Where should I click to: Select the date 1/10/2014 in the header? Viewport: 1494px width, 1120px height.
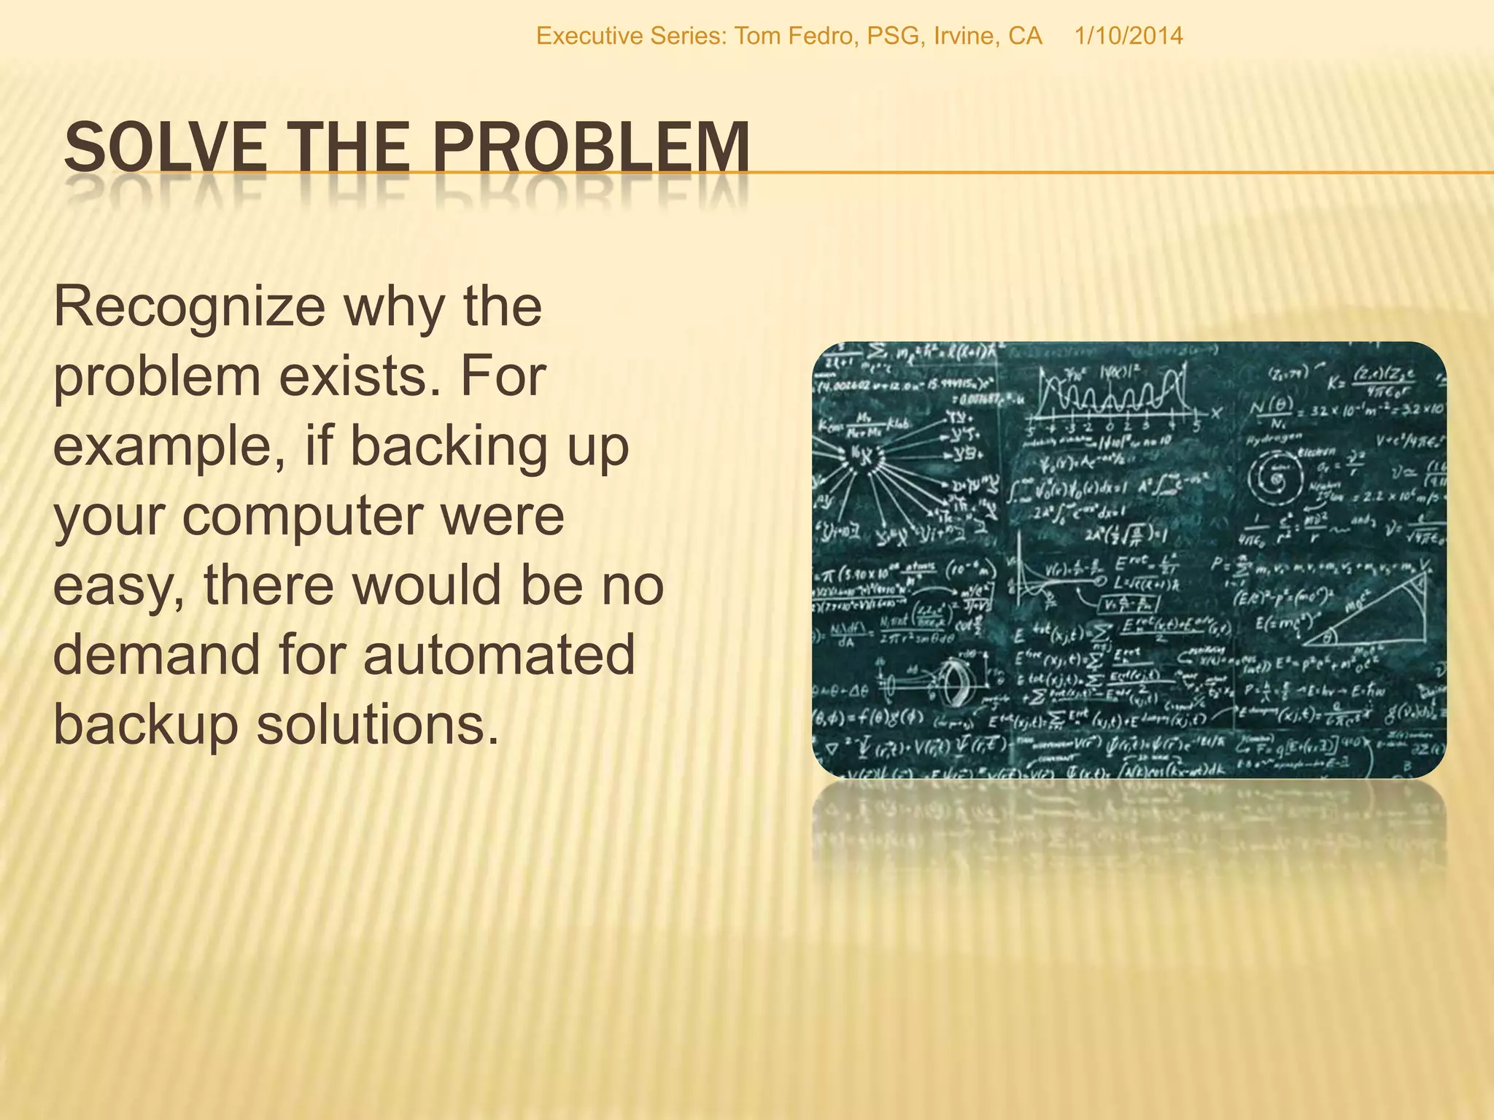click(x=1129, y=36)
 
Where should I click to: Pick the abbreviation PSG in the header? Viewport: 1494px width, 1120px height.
click(x=893, y=36)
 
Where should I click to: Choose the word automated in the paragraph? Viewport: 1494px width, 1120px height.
click(x=499, y=655)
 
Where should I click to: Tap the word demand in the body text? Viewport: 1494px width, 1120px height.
click(x=156, y=655)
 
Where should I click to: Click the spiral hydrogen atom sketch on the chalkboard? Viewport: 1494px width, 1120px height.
click(x=1277, y=478)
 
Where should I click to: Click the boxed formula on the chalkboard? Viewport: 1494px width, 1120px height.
click(x=1129, y=604)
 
